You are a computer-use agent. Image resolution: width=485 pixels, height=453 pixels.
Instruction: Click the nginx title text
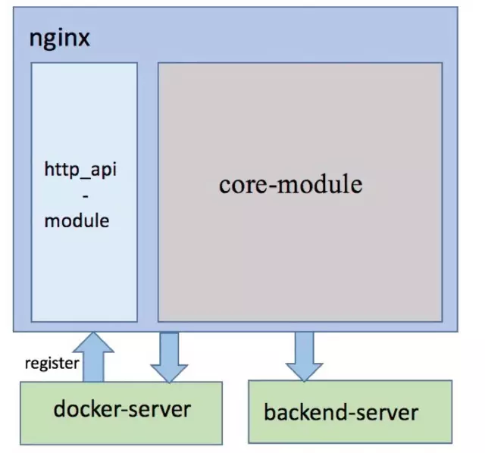point(59,39)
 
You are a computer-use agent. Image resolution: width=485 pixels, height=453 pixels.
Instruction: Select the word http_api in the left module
point(80,170)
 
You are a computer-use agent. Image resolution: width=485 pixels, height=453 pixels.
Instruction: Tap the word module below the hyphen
point(77,220)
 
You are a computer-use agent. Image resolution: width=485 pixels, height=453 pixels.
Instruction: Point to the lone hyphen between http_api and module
point(86,196)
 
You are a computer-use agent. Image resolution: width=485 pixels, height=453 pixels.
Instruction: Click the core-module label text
point(291,185)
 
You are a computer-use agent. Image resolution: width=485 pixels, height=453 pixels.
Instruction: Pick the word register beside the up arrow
point(52,364)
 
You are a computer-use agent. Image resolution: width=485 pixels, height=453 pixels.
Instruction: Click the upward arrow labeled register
point(93,357)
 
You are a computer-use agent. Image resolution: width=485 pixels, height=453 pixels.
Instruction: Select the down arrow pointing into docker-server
point(169,358)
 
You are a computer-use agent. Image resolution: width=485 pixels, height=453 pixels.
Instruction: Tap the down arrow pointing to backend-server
point(305,357)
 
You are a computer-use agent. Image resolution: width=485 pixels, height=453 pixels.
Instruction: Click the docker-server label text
point(122,409)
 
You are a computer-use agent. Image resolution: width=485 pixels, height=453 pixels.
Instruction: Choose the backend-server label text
point(341,412)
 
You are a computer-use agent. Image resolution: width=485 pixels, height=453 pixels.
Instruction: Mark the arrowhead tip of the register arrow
point(93,333)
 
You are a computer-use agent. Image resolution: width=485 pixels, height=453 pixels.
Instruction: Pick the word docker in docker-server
point(87,409)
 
